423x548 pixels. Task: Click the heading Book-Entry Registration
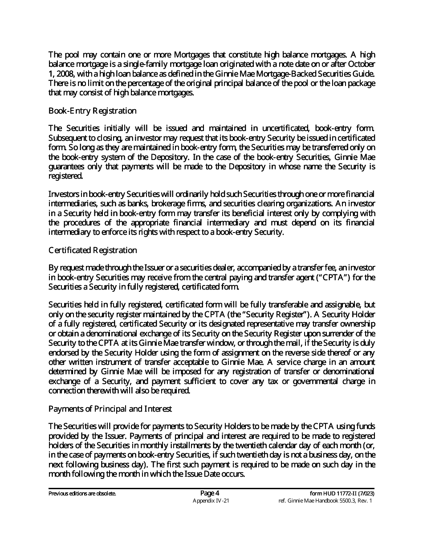(x=92, y=110)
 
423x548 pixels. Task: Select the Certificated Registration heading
(x=93, y=250)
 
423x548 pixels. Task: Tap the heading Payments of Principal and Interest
(x=110, y=409)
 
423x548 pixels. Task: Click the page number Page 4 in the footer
(x=210, y=493)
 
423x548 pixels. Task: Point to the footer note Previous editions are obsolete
(x=82, y=494)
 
